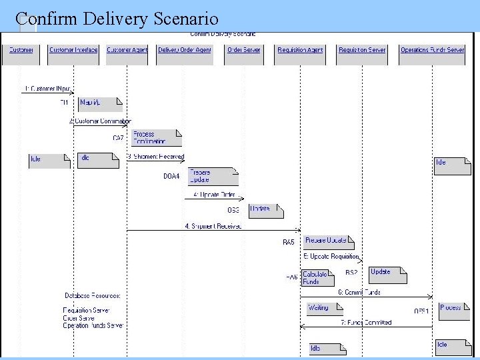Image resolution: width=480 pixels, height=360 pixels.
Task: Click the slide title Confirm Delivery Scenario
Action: (x=117, y=19)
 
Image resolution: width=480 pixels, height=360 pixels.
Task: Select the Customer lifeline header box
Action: (x=21, y=51)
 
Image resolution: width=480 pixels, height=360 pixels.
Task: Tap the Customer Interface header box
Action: (x=73, y=51)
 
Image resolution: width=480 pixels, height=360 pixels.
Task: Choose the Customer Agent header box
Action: (x=127, y=51)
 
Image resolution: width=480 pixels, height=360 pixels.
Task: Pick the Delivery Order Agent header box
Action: (x=185, y=51)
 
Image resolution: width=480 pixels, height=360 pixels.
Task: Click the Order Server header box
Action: (x=243, y=51)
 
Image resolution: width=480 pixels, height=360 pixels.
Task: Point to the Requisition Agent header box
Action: (x=300, y=51)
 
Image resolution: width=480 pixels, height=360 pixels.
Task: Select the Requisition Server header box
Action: (x=362, y=51)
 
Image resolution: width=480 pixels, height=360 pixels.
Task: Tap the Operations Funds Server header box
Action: (x=432, y=51)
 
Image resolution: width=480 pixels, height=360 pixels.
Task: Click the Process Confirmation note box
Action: (x=156, y=137)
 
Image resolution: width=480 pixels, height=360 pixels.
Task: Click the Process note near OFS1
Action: (x=454, y=309)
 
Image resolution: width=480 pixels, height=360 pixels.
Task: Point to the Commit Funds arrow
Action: (x=367, y=297)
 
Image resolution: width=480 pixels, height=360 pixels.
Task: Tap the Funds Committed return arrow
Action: (x=367, y=327)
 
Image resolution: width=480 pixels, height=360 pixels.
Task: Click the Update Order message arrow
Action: (x=214, y=198)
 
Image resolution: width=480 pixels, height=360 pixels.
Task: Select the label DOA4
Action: (x=171, y=177)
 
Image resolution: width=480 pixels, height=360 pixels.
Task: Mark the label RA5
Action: (x=288, y=243)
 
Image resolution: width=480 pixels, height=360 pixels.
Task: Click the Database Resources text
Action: (x=92, y=295)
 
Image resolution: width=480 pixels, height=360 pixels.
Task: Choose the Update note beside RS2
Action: (x=387, y=274)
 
